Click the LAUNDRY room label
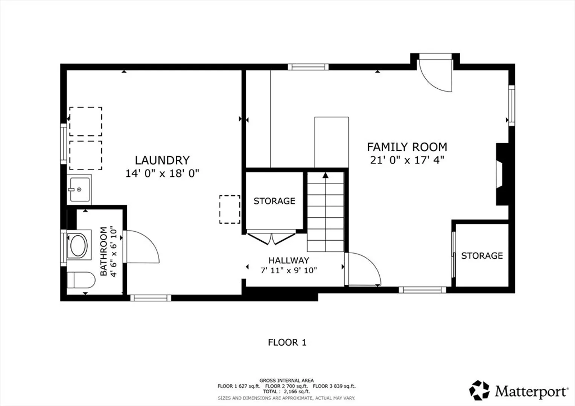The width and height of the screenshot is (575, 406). (162, 160)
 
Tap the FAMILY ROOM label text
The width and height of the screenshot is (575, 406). (407, 147)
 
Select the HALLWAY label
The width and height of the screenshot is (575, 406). (289, 260)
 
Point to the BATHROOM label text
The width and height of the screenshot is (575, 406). (103, 251)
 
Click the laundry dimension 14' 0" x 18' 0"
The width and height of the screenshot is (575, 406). (162, 173)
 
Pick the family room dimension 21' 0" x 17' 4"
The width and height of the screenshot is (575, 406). (407, 160)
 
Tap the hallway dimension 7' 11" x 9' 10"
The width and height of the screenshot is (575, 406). (289, 270)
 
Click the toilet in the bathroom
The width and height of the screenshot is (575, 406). (81, 280)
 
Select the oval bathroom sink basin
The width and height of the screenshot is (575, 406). (79, 245)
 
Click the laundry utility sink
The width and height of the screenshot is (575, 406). (79, 189)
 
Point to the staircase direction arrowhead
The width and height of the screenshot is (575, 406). (326, 175)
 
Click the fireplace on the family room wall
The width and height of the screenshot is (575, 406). (502, 174)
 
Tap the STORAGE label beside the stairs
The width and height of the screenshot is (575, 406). (274, 201)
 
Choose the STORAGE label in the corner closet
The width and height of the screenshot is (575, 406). (482, 256)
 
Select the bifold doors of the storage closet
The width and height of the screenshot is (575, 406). (271, 238)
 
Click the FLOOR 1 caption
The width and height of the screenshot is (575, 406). (287, 342)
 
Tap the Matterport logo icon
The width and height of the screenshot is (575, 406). (479, 390)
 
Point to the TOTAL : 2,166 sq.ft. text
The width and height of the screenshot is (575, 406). (286, 392)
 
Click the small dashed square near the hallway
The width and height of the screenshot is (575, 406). (230, 209)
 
